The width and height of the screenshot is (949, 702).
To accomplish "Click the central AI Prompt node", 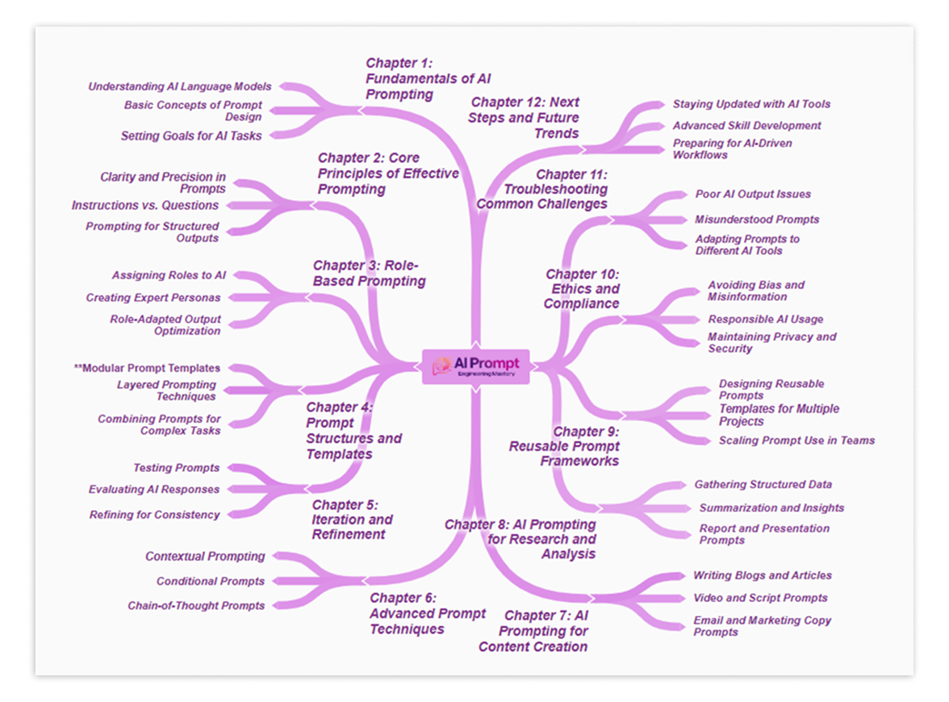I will (476, 366).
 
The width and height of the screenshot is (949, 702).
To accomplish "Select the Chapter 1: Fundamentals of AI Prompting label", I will (428, 78).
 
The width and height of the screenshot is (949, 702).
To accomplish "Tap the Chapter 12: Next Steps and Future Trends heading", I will (525, 118).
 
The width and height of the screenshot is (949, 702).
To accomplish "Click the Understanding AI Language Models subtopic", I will (179, 86).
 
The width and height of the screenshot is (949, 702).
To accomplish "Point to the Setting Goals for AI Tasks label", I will (191, 136).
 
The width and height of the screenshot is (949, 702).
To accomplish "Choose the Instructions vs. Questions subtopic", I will (144, 206).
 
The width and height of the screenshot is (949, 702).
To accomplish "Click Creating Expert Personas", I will (153, 298).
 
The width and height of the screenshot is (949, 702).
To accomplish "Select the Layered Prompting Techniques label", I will (166, 391).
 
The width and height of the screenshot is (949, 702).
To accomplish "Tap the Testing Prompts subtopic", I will (176, 468).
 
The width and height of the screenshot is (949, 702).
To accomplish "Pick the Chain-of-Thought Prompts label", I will (196, 606).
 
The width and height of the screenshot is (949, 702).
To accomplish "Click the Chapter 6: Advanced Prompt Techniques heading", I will (427, 613).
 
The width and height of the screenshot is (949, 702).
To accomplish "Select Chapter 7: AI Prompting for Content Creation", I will (533, 631).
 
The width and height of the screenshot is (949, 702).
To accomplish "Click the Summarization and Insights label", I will (771, 508).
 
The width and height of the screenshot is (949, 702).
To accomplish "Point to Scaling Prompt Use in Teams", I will (796, 441).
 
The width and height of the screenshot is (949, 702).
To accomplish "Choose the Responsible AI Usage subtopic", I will (765, 320).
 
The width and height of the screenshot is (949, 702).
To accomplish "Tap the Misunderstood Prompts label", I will (757, 219).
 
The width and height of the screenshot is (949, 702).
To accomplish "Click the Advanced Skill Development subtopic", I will (746, 126).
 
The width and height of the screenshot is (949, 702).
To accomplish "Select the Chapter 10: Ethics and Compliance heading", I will (582, 289).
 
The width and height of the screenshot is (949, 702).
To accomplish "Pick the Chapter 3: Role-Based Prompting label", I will (369, 273).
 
